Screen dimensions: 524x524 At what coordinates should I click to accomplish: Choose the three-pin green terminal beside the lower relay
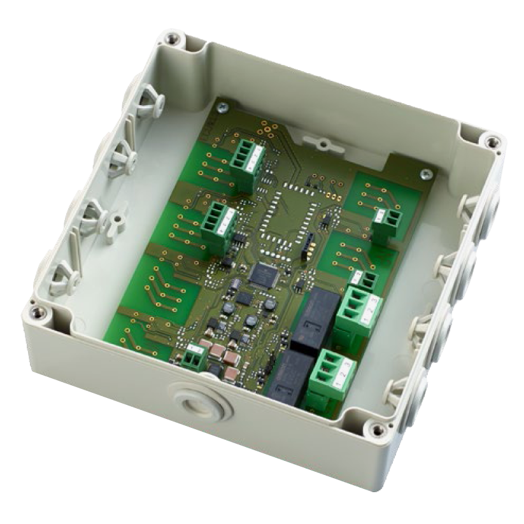(x=330, y=371)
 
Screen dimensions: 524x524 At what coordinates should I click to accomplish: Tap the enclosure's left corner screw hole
(x=38, y=311)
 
